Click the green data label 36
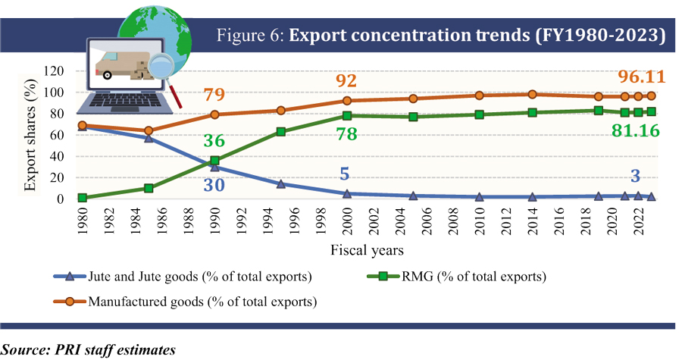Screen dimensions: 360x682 point(216,142)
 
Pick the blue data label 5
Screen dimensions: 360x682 point(344,175)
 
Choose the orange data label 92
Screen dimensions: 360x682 point(346,81)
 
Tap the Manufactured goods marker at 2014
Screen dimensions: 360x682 point(533,95)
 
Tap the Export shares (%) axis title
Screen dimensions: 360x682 point(30,134)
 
